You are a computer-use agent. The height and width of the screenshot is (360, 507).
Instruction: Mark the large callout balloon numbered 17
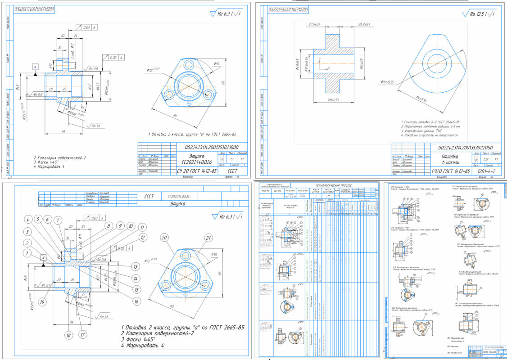82,335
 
